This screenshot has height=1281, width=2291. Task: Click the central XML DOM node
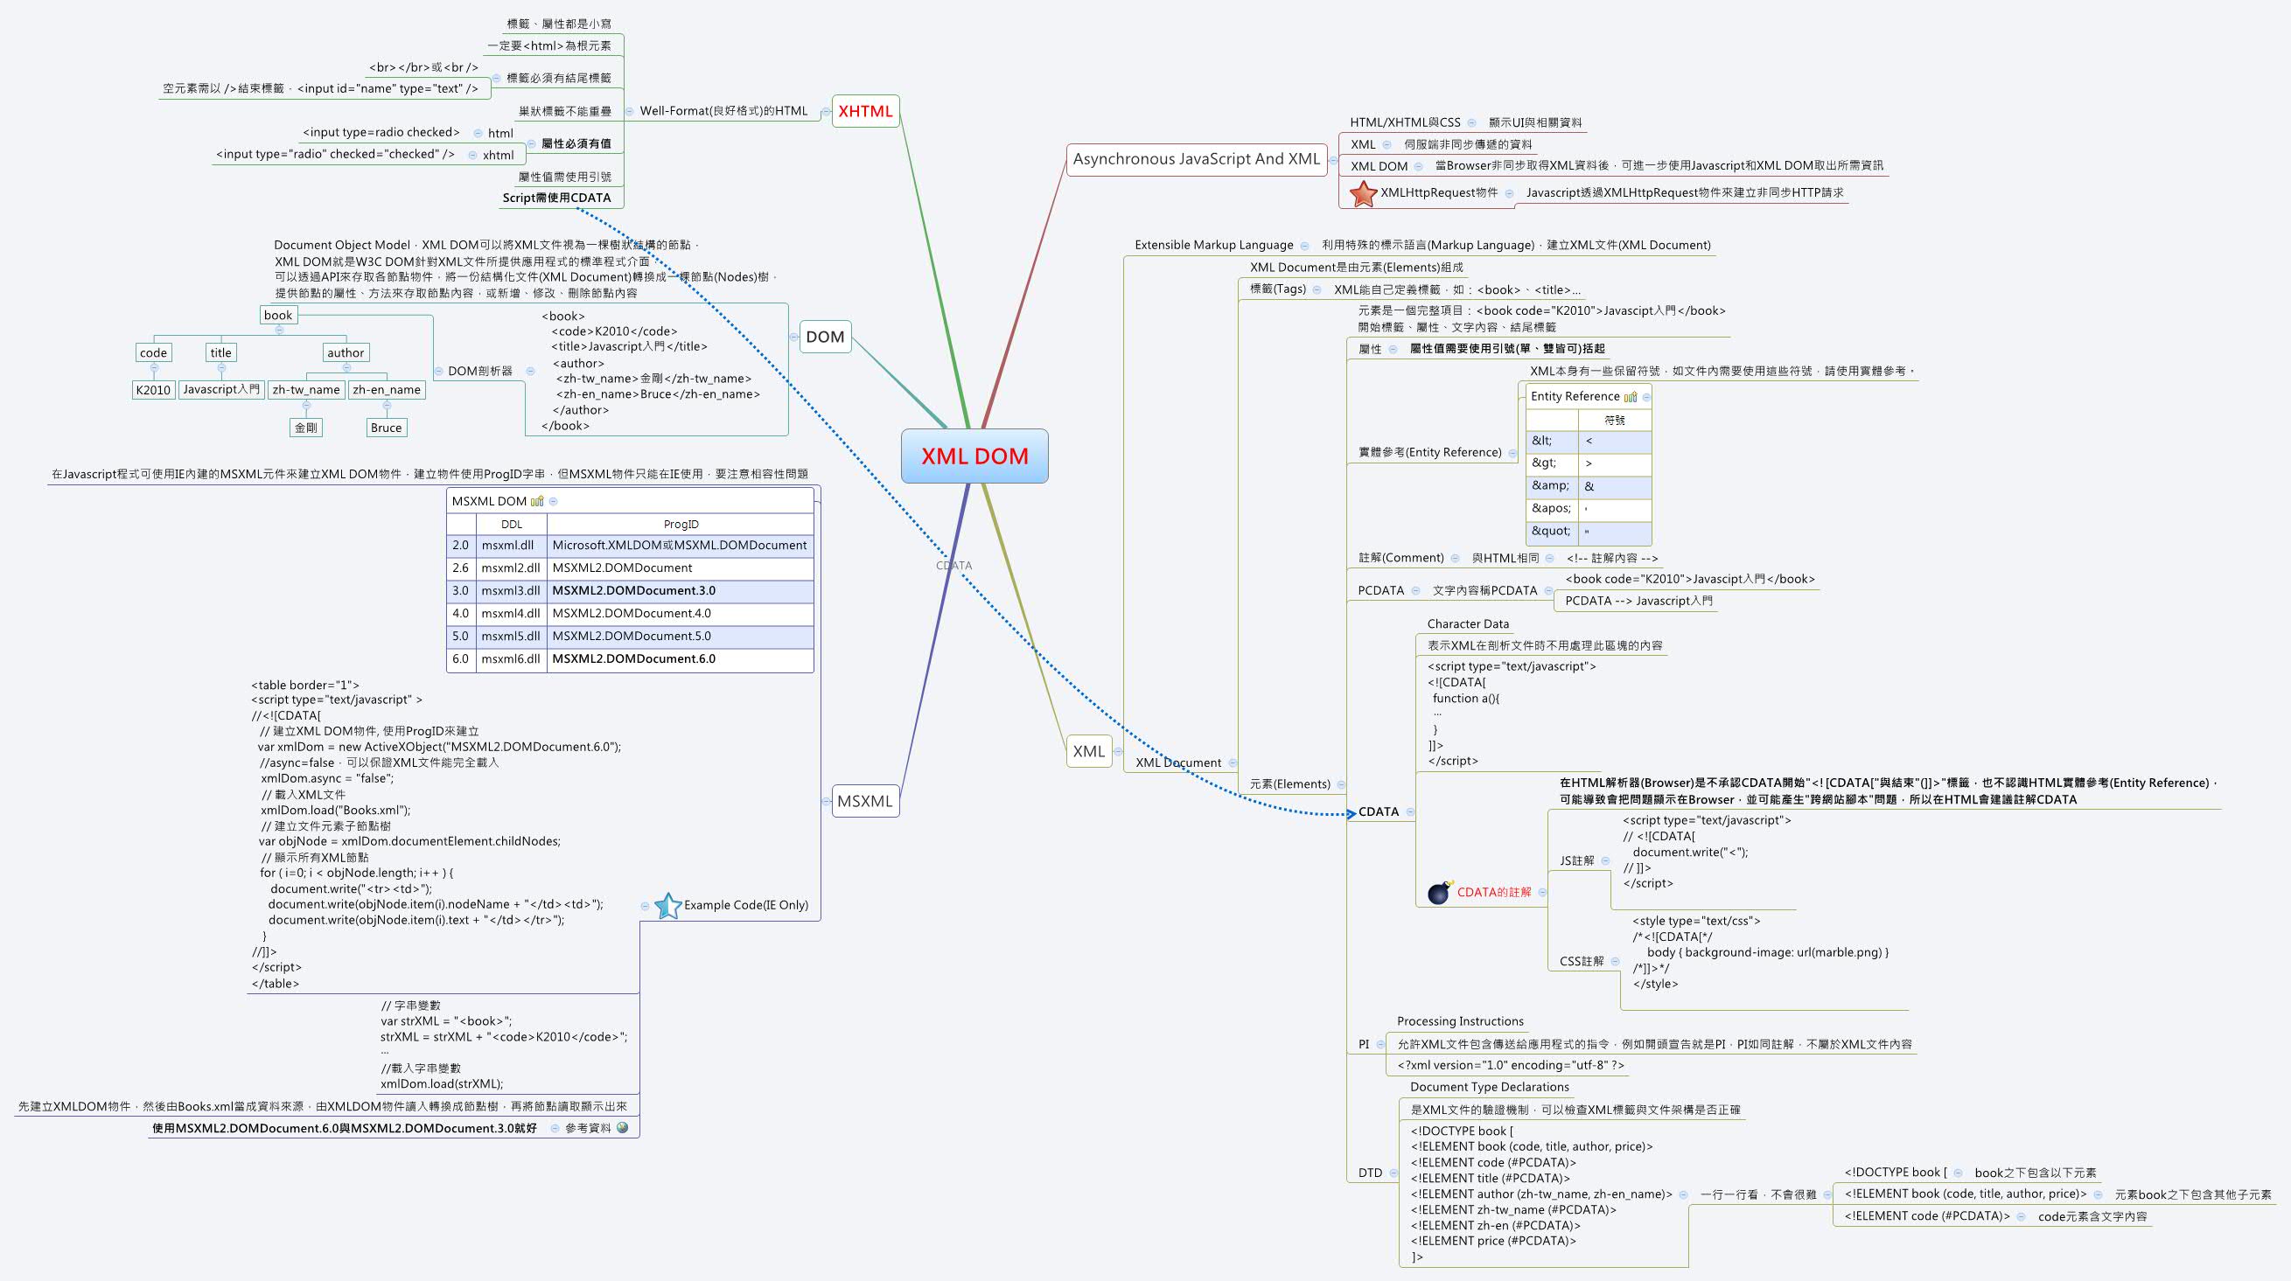coord(974,456)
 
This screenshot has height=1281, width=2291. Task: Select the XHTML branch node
coord(864,111)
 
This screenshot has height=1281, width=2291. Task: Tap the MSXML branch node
coord(863,801)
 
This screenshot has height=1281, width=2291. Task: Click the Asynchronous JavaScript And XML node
coord(1195,159)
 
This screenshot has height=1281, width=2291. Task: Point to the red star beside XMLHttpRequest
coord(1363,194)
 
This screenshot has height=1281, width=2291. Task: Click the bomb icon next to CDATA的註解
coord(1439,892)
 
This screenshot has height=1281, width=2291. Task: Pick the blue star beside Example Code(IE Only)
coord(667,906)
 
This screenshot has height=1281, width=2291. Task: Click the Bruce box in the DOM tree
coord(386,428)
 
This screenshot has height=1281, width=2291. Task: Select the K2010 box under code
coord(153,390)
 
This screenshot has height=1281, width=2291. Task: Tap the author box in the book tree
coord(345,353)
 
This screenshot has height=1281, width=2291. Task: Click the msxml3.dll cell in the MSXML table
coord(511,590)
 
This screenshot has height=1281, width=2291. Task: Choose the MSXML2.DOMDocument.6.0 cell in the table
coord(633,658)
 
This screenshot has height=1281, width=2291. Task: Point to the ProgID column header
coord(681,525)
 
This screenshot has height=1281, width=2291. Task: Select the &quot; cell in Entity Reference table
coord(1550,531)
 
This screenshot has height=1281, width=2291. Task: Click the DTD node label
coord(1370,1173)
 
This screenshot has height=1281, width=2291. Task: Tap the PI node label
coord(1364,1045)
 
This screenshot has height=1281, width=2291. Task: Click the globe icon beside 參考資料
coord(622,1127)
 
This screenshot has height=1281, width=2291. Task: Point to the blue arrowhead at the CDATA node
coord(1351,812)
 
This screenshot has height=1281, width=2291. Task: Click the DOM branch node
coord(824,337)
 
